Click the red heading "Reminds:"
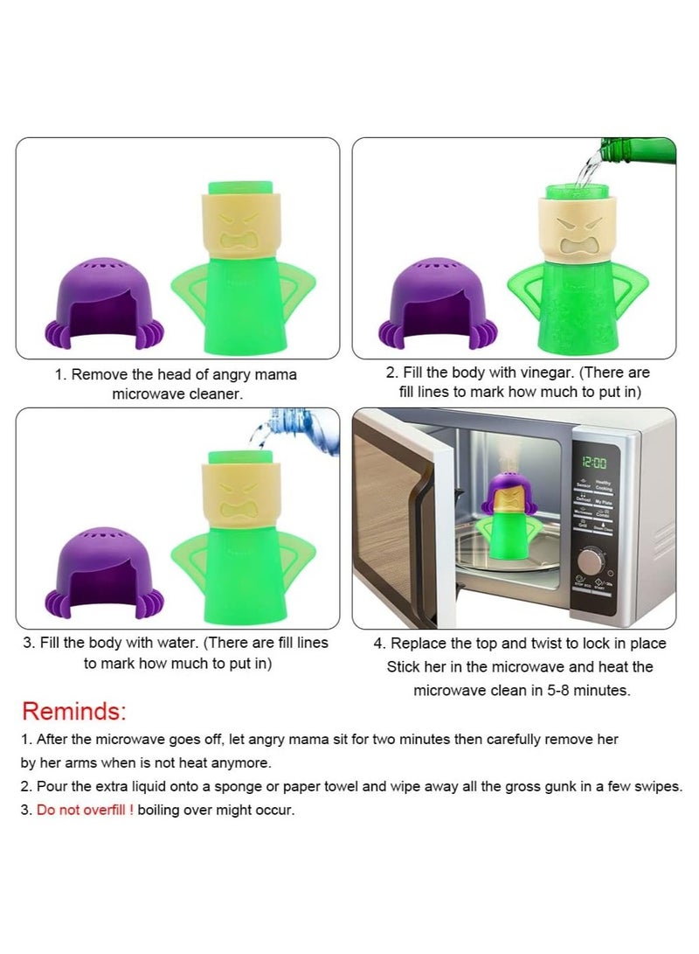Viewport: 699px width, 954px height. pos(74,710)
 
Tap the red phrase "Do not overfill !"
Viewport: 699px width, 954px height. pos(85,810)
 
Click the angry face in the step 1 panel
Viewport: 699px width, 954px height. pos(232,229)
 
